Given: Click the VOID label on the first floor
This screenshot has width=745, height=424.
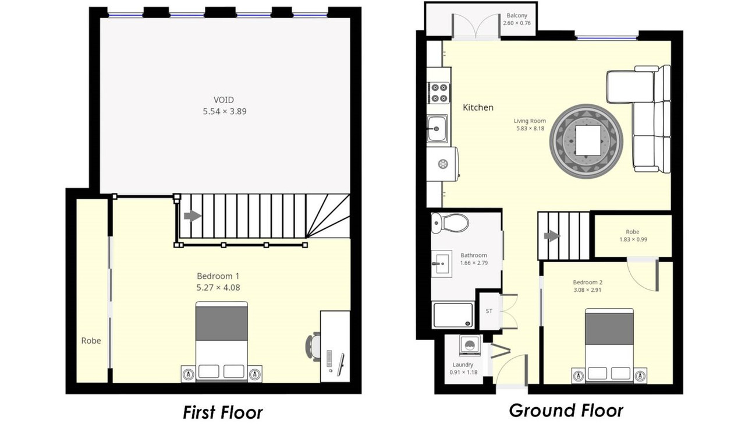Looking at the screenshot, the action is point(224,100).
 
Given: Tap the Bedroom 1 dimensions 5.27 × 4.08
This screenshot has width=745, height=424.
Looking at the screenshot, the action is point(218,288).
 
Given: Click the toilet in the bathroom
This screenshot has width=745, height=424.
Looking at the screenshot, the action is point(449,222).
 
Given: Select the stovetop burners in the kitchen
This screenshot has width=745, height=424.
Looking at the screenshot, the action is point(439,93).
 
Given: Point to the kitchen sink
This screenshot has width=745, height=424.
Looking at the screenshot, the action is point(437,129).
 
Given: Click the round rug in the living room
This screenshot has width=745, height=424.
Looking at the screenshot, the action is point(586,141).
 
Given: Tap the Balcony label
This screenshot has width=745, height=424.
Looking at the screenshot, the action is point(517,15).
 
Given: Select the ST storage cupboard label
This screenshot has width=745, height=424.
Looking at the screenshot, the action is point(488,311).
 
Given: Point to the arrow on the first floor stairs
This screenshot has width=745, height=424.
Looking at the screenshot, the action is point(193,216).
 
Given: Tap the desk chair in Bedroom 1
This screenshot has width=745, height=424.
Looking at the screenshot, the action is point(313,347).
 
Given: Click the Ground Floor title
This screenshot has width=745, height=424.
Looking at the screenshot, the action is point(566,411).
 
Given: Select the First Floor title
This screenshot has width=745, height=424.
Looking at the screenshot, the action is point(223,412).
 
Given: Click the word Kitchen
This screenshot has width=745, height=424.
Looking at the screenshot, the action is point(478,108).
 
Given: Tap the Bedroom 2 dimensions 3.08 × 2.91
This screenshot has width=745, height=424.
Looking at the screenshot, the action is point(587,290).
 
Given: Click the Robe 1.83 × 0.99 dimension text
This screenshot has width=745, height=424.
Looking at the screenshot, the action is point(633,239).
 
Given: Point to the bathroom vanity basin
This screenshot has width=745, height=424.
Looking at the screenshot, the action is point(442,264).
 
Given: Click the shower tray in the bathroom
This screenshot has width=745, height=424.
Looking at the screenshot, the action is point(453,315).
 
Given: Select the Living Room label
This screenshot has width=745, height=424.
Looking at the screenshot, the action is point(530,121).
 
